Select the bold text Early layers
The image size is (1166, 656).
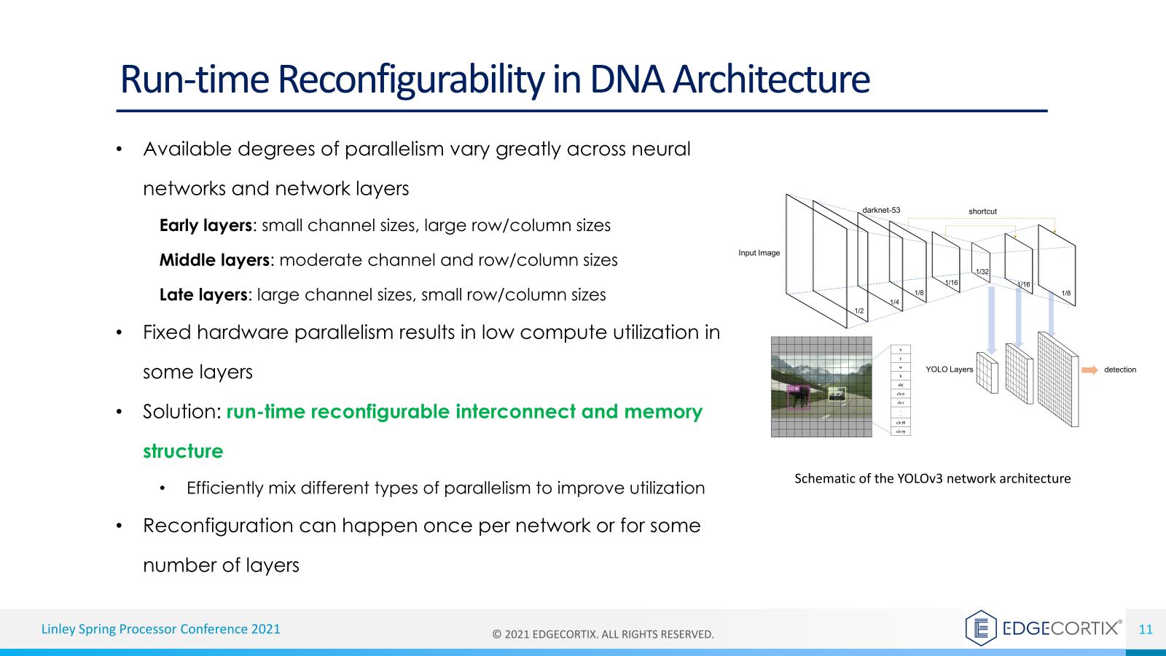coord(205,225)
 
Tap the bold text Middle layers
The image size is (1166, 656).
coord(214,260)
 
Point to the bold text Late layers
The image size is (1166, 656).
coord(203,295)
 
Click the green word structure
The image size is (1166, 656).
coord(183,451)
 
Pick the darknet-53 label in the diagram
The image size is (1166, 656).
coord(881,210)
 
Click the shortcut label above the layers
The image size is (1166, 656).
coord(982,211)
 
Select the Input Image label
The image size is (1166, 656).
coord(759,253)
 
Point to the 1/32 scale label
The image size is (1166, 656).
coord(982,272)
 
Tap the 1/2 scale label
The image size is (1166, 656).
coord(859,311)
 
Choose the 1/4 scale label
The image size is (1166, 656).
coord(894,302)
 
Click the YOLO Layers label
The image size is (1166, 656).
coord(949,370)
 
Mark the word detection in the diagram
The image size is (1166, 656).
coord(1119,370)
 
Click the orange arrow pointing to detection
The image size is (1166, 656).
coord(1089,370)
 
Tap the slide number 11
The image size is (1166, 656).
coord(1146,630)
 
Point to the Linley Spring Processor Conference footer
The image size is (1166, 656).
coord(160,629)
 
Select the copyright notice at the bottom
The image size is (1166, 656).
coord(603,634)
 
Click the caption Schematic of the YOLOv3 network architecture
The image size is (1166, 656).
coord(932,479)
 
